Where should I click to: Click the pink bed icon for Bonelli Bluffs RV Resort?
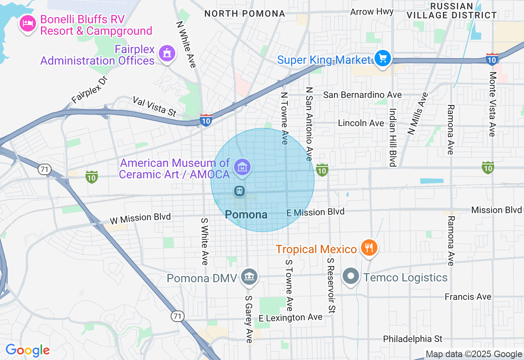click(27, 23)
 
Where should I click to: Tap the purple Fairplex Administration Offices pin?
click(167, 54)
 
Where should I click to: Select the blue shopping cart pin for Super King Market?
click(383, 59)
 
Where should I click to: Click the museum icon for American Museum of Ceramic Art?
click(242, 167)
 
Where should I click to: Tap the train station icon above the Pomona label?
click(239, 191)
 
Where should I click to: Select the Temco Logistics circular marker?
click(351, 276)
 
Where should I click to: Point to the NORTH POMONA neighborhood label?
click(244, 13)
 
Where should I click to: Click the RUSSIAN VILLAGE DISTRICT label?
click(452, 11)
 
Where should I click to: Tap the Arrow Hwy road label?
click(372, 11)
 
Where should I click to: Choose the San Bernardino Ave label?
click(362, 95)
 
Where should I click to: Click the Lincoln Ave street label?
click(361, 123)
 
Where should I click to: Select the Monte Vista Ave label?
click(492, 104)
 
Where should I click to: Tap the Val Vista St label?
click(154, 106)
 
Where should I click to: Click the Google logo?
click(27, 351)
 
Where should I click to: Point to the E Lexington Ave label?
click(291, 317)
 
